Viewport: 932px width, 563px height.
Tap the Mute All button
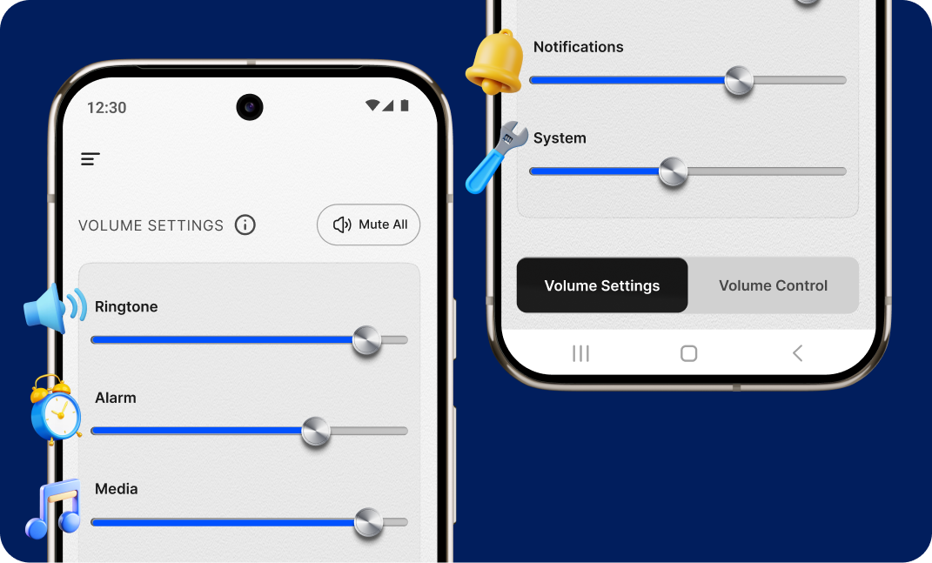[369, 225]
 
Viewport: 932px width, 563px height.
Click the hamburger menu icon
[91, 158]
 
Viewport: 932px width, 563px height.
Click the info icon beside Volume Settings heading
[245, 225]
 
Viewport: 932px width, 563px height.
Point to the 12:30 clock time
[106, 108]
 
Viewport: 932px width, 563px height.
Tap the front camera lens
[250, 107]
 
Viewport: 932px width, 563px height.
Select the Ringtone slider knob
[366, 340]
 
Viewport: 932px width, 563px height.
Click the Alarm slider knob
[316, 432]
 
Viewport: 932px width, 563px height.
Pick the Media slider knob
[368, 523]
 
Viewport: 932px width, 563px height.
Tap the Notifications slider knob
[739, 81]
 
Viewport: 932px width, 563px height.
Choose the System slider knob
[673, 172]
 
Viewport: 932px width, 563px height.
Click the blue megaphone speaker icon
[55, 308]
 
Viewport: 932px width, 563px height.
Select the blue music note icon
[54, 508]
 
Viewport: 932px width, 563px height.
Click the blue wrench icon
[496, 157]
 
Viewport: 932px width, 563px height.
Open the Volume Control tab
[773, 285]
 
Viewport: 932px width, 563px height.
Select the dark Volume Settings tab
[602, 285]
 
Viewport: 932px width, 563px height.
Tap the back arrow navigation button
[797, 352]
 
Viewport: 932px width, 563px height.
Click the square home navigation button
[688, 353]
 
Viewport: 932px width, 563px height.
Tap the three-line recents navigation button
[580, 353]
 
